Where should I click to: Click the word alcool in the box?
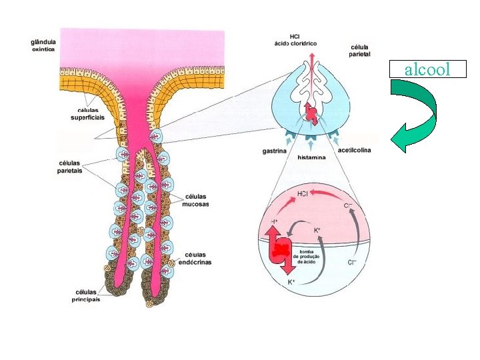[427, 69]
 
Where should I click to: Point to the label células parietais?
[69, 166]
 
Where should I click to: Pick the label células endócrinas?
[195, 258]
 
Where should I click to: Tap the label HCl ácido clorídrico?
[295, 39]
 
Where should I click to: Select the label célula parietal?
[359, 51]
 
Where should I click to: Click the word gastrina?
[274, 151]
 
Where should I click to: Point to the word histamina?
[311, 157]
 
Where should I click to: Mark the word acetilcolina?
[354, 150]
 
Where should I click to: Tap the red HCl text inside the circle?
[302, 194]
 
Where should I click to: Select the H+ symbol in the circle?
[274, 221]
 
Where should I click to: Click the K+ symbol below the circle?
[291, 282]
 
